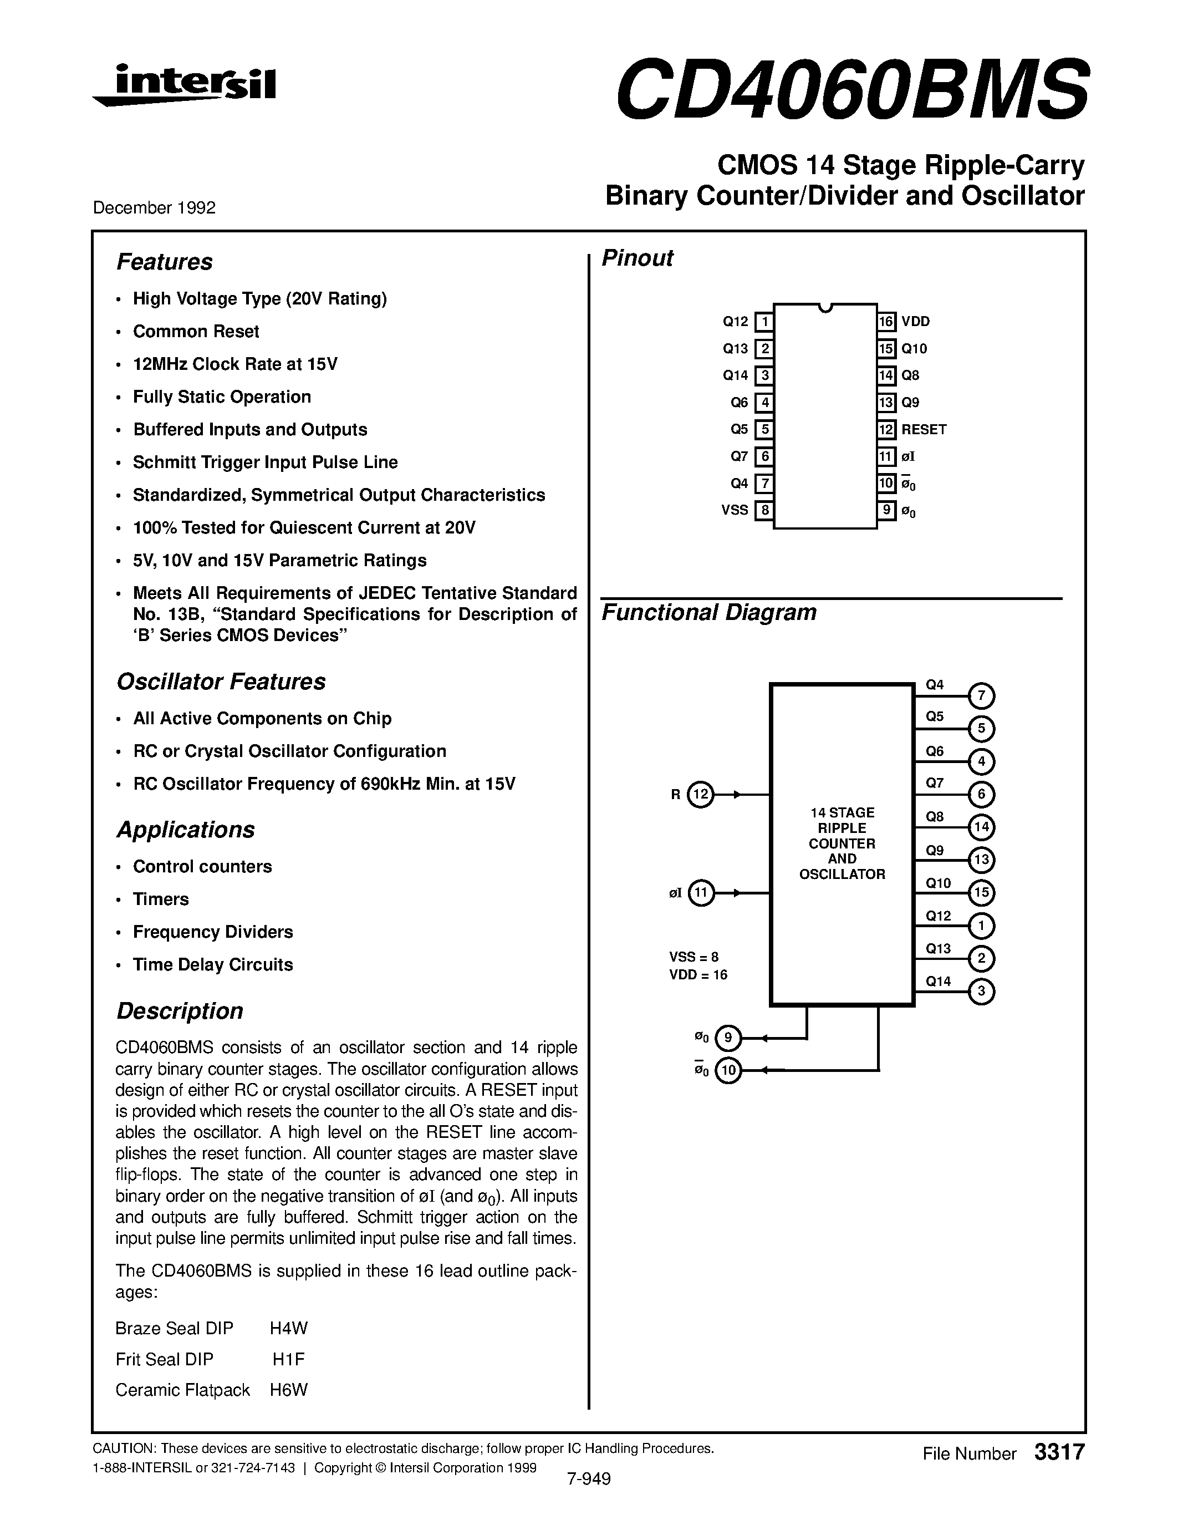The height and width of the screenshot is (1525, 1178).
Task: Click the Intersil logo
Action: [x=185, y=85]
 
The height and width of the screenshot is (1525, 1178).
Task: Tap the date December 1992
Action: [x=154, y=207]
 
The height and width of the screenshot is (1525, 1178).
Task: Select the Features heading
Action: [x=164, y=262]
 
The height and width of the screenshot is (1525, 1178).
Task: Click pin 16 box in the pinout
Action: [x=886, y=321]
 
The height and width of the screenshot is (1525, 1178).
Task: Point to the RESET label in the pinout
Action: [x=924, y=429]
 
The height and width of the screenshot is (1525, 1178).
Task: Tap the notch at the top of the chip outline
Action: [x=825, y=308]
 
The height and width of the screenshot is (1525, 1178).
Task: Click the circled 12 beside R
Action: [x=701, y=794]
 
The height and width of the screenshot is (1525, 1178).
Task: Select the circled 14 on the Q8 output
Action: [x=981, y=827]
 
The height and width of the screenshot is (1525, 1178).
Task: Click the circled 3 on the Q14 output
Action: [x=981, y=992]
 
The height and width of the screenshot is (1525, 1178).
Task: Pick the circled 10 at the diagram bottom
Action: [x=728, y=1070]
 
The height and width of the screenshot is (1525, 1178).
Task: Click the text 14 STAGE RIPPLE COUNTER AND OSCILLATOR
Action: [x=842, y=843]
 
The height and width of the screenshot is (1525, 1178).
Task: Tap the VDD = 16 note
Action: [x=698, y=975]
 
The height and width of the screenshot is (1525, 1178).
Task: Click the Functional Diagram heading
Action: [x=708, y=612]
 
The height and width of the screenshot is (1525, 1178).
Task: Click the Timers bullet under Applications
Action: [x=161, y=899]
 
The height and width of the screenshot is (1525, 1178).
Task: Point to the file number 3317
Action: [x=1059, y=1452]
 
